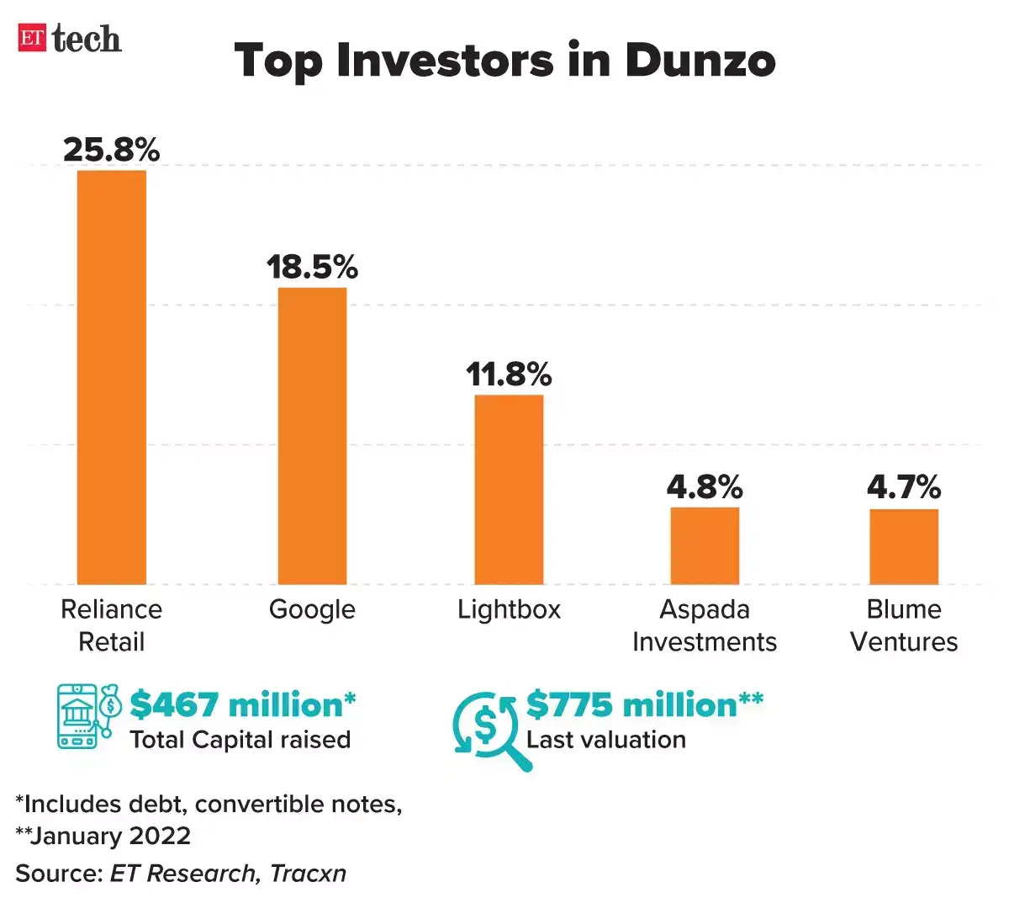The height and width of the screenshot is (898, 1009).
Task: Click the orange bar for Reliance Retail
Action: pos(112,377)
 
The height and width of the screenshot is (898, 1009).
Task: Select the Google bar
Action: pos(312,436)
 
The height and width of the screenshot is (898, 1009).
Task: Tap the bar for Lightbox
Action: pos(509,489)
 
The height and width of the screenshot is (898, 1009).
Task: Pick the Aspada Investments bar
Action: pos(705,545)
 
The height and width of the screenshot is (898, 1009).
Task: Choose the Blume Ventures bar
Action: pos(904,546)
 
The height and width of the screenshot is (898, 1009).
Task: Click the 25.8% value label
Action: pos(112,150)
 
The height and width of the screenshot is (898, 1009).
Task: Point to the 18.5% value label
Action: pos(312,268)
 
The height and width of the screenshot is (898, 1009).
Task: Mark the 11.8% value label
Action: pos(509,375)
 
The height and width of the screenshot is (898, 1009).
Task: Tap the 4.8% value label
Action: pos(705,487)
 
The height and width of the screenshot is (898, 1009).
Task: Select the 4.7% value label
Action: pos(904,487)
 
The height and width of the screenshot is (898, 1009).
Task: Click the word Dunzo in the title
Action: pos(700,61)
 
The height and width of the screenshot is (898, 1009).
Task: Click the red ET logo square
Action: pos(32,38)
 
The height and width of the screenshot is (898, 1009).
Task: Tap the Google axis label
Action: pos(312,609)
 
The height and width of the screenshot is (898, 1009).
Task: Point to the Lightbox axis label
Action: pos(509,609)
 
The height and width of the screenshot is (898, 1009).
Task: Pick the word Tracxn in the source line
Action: pos(308,874)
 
